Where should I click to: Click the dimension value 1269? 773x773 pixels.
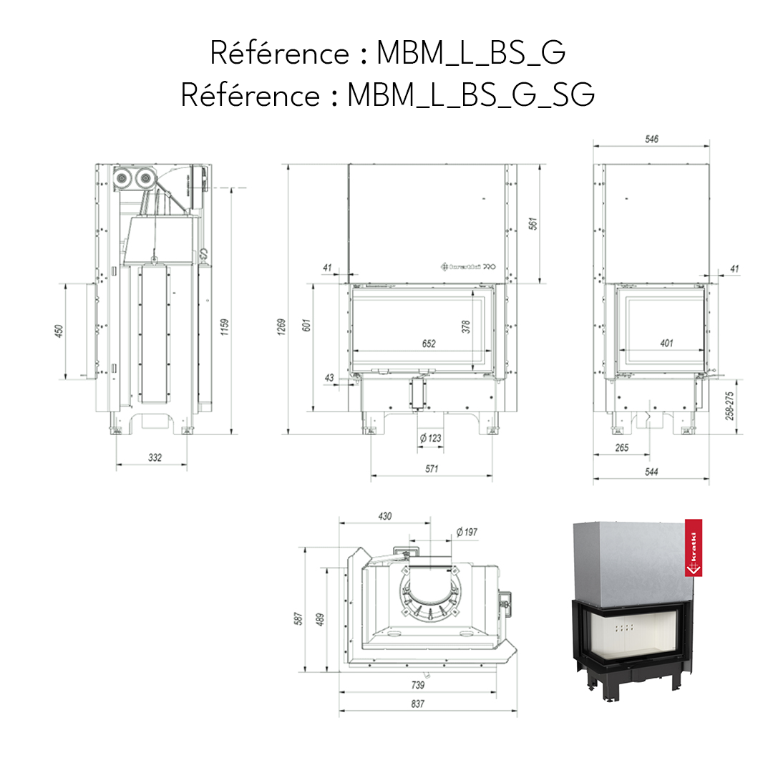[282, 326]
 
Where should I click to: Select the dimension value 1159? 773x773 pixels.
[225, 326]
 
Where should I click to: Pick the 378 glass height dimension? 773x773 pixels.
[466, 326]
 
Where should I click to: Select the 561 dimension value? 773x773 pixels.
[532, 223]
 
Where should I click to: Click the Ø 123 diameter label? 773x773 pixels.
[431, 437]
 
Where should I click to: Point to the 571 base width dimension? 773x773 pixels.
[431, 469]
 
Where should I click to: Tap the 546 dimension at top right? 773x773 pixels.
[651, 139]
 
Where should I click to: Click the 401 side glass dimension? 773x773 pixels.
[666, 344]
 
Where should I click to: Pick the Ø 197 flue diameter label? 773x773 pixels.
[467, 531]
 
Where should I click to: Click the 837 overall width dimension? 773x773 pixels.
[418, 704]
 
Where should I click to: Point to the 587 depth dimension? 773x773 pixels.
[300, 617]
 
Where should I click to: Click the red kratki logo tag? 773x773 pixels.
[692, 548]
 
